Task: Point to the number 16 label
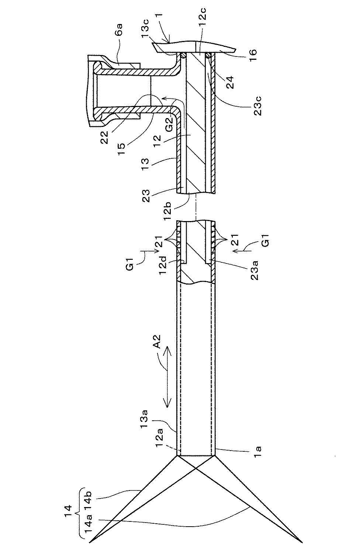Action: point(252,52)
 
